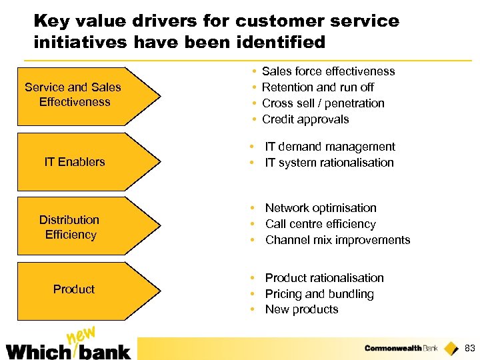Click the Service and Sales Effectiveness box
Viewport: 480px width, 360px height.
coord(80,95)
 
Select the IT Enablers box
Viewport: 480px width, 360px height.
coord(80,161)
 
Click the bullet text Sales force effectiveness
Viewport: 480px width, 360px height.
coord(328,71)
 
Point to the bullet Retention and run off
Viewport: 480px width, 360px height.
coord(317,87)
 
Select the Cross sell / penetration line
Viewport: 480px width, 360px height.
coord(323,103)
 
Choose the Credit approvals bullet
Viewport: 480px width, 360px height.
coord(305,119)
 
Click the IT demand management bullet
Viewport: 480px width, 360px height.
coord(330,147)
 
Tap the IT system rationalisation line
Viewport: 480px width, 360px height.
coord(329,163)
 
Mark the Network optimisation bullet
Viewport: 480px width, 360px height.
coord(321,208)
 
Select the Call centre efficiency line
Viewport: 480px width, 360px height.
coord(320,224)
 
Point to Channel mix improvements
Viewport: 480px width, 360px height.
coord(337,240)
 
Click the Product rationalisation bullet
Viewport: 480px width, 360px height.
coord(324,278)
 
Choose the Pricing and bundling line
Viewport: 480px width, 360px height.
coord(319,294)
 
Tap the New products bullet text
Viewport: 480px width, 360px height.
coord(301,309)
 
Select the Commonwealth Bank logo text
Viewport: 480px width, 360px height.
coord(401,348)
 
